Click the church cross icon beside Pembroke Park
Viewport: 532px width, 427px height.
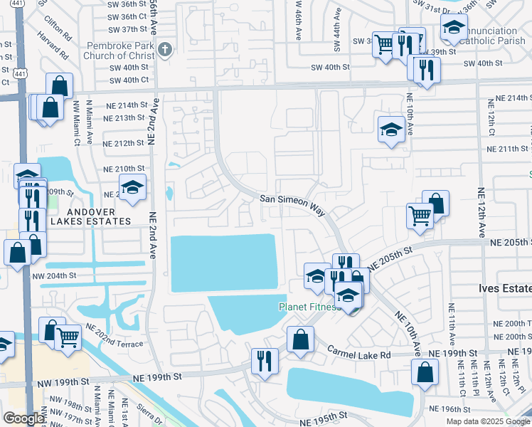point(165,49)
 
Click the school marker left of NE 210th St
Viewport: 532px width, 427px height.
point(132,187)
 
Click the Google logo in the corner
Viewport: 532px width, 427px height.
point(23,418)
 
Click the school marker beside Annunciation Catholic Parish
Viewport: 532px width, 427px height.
point(453,28)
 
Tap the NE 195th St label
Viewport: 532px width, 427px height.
point(324,414)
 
